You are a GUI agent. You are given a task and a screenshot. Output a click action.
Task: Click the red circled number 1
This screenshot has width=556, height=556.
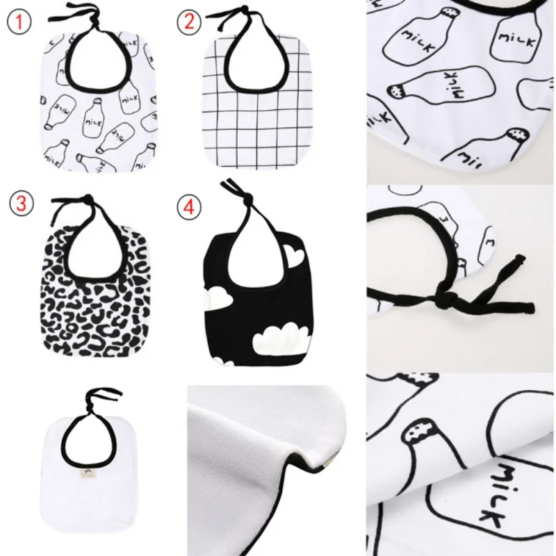click(x=19, y=22)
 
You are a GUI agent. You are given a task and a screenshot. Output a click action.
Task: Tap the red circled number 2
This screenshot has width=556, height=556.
click(x=189, y=22)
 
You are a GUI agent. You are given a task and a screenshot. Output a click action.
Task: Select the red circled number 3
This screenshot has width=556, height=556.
click(x=22, y=204)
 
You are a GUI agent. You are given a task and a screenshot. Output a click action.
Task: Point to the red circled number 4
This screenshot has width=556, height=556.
click(x=188, y=207)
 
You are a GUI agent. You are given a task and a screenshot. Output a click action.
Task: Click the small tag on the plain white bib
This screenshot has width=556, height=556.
click(x=85, y=473)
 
